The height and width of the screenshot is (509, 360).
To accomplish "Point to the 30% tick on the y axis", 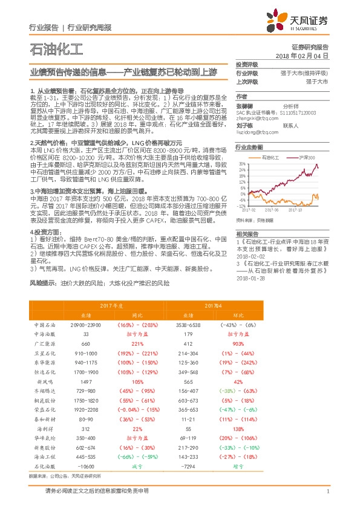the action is (x=242, y=164).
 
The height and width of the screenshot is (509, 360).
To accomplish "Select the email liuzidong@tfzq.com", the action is (x=253, y=131).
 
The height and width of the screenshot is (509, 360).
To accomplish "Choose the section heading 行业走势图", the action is (x=249, y=146).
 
